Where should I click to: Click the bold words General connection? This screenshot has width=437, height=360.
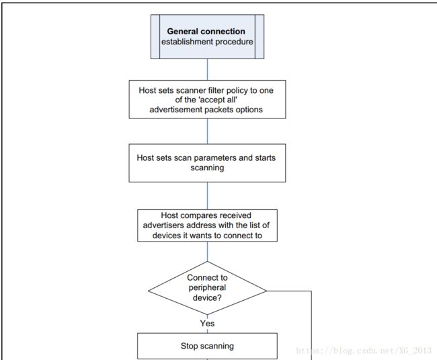point(206,31)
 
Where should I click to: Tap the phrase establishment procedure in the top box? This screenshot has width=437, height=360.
point(207,42)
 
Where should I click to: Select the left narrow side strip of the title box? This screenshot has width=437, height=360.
point(155,36)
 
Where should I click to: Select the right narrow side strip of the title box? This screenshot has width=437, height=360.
point(260,36)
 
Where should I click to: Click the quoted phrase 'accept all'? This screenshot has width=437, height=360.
point(206,100)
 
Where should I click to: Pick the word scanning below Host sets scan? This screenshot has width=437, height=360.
point(207,168)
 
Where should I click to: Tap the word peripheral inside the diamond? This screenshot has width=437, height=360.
point(207,287)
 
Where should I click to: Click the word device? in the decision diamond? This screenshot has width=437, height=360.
point(207,298)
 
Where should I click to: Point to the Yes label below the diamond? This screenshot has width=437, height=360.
point(207,324)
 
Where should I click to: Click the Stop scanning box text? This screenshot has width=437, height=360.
point(207,346)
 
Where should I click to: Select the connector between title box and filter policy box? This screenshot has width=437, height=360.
point(207,69)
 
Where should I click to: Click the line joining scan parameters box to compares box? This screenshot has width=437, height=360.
point(207,196)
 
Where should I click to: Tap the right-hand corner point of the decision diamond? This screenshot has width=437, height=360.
point(267,291)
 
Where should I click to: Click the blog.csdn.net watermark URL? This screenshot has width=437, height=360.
point(364,351)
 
